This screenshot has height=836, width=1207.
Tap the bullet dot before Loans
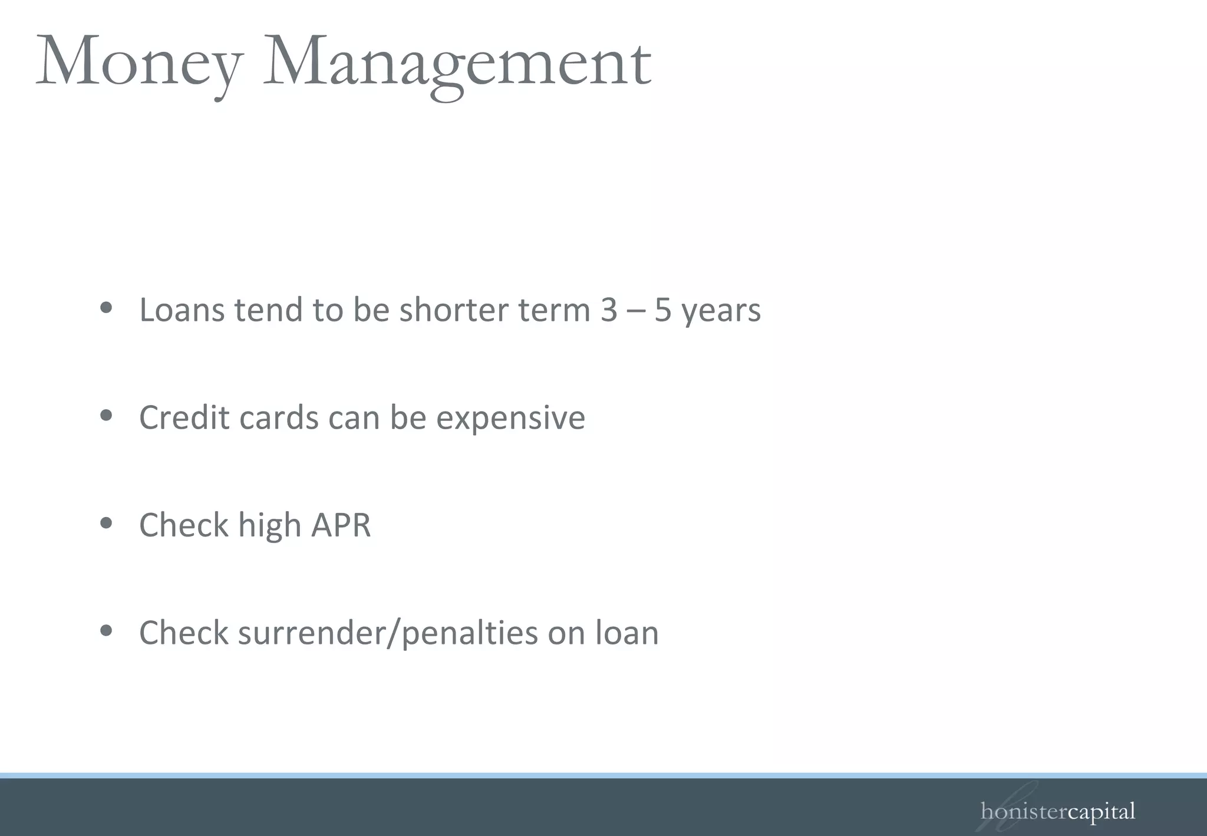coord(106,308)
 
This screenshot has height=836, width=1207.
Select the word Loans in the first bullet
coord(182,310)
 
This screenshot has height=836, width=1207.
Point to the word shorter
coord(453,310)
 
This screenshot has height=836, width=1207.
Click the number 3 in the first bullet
coord(609,310)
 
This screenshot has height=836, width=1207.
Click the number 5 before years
coord(662,310)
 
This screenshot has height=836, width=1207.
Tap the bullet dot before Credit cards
coord(106,416)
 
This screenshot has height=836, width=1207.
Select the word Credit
coord(184,417)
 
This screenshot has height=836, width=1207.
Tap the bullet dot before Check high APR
coord(106,523)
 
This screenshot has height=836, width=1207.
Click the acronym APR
coord(341,525)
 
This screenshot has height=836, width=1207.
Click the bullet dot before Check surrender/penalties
coord(106,631)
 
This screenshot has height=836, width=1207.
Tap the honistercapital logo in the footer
coord(1057,812)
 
